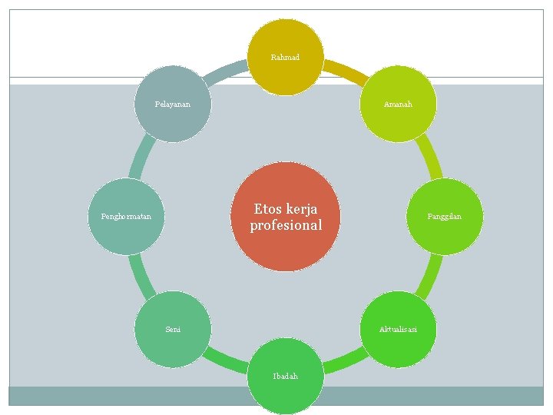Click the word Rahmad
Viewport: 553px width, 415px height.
coord(285,58)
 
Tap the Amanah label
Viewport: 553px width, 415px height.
coord(399,104)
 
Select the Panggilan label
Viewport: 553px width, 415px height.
coord(445,217)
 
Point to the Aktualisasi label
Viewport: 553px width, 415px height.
coord(398,329)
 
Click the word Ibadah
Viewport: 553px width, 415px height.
coord(285,376)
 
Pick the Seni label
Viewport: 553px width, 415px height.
coord(173,329)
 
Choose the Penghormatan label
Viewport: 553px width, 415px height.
coord(126,217)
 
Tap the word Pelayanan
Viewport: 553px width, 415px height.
coord(172,104)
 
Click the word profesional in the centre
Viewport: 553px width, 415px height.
coord(286,226)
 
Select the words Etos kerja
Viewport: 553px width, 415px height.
coord(286,209)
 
